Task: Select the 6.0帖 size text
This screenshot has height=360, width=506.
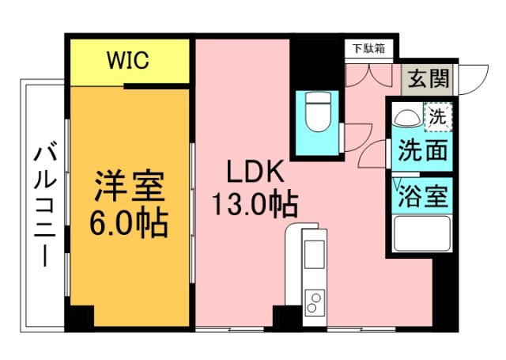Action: click(x=129, y=224)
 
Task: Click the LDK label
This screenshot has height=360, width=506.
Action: click(x=251, y=172)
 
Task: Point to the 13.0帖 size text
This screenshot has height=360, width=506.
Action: click(x=253, y=206)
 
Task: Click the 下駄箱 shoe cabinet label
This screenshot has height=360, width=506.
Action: click(x=368, y=48)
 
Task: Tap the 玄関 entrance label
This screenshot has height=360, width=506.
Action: click(x=428, y=78)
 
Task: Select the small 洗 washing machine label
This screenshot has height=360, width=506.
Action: click(x=437, y=116)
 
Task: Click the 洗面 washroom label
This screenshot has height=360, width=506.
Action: click(x=422, y=150)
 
